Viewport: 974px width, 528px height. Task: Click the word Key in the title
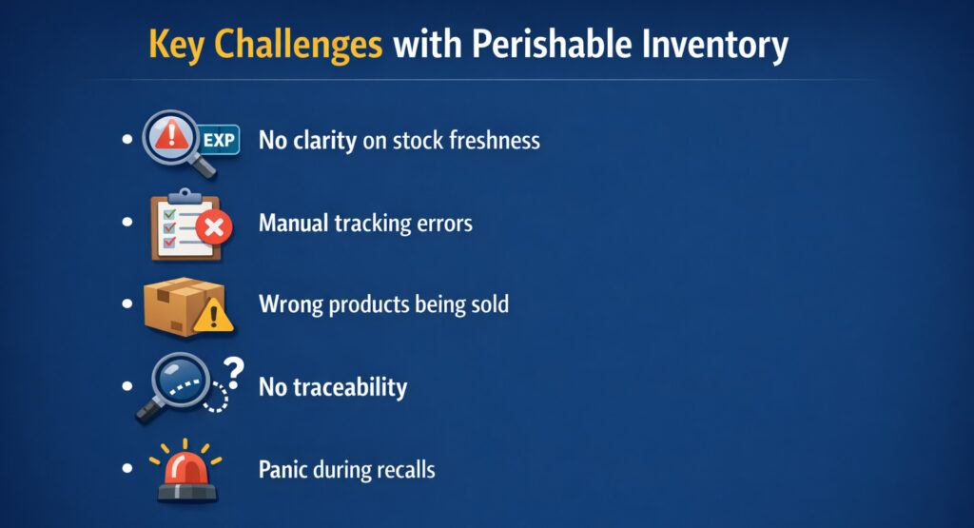[x=176, y=46]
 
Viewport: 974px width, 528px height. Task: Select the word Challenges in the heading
[x=298, y=46]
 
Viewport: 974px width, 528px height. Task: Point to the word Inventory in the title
[x=715, y=46]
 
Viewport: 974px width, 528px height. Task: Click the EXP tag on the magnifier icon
[x=219, y=140]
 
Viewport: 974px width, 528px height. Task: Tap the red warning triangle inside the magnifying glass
[x=171, y=134]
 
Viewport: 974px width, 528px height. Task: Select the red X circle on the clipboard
[x=214, y=227]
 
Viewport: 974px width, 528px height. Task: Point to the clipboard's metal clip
[x=184, y=196]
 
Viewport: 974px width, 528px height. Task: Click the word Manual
[x=293, y=223]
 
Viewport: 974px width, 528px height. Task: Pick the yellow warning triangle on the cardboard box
[x=213, y=315]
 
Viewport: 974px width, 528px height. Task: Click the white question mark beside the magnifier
[x=234, y=373]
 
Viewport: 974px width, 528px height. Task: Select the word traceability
[x=350, y=387]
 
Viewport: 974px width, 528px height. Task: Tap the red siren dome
[x=186, y=468]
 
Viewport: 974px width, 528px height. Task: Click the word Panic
[x=282, y=470]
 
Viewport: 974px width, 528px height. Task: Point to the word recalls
[x=405, y=470]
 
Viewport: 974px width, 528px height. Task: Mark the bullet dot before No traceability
[x=127, y=386]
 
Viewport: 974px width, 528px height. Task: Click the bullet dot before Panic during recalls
[x=127, y=468]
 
